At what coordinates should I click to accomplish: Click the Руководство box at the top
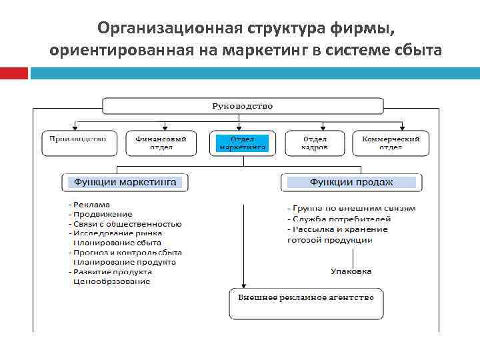click(x=242, y=106)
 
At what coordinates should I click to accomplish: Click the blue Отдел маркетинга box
click(x=242, y=143)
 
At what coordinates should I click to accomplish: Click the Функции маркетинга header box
click(x=125, y=181)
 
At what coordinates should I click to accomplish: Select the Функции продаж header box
click(x=351, y=181)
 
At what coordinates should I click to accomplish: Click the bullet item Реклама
click(x=91, y=205)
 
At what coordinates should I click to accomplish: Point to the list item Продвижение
click(x=102, y=214)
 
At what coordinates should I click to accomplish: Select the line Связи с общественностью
click(x=127, y=224)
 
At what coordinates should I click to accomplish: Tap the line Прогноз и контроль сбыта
click(x=127, y=253)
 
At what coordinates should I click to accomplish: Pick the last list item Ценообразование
click(x=111, y=281)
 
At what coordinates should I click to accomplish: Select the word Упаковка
click(x=351, y=271)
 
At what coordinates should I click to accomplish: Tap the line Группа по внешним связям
click(x=352, y=208)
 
